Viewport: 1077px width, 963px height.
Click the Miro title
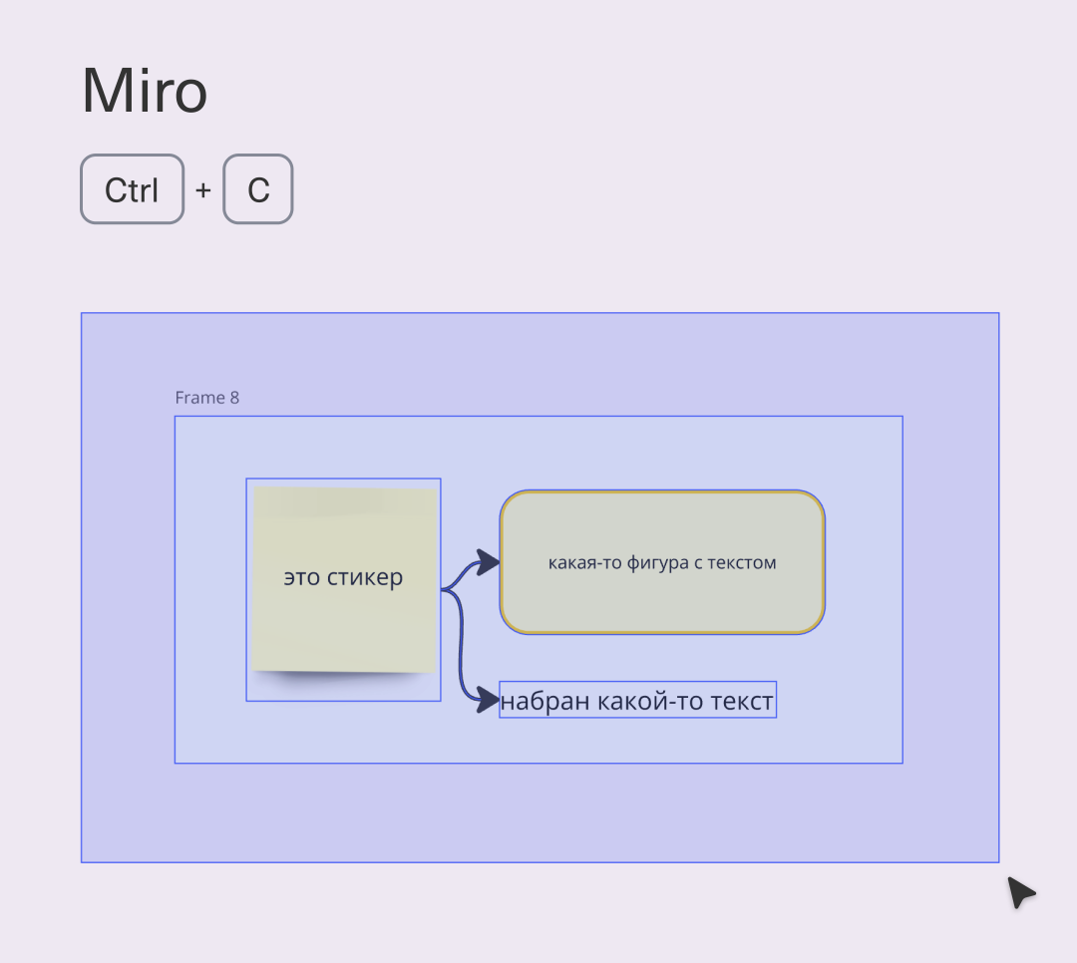(145, 91)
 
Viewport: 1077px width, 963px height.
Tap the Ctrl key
(132, 188)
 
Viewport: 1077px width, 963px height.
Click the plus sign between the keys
(202, 189)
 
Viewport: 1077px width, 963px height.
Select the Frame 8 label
(206, 398)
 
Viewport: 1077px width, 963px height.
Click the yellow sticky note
(344, 579)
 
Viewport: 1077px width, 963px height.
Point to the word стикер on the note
(365, 577)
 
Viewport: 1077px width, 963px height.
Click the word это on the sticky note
(301, 577)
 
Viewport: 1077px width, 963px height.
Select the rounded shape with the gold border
(662, 562)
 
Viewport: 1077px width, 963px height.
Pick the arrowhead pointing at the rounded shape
(487, 562)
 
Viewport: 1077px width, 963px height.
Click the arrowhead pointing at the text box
(487, 700)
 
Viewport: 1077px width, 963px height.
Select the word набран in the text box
(545, 701)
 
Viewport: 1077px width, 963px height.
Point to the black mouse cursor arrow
(1021, 891)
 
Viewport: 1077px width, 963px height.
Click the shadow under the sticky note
(343, 677)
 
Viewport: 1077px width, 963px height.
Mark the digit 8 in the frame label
(234, 398)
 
